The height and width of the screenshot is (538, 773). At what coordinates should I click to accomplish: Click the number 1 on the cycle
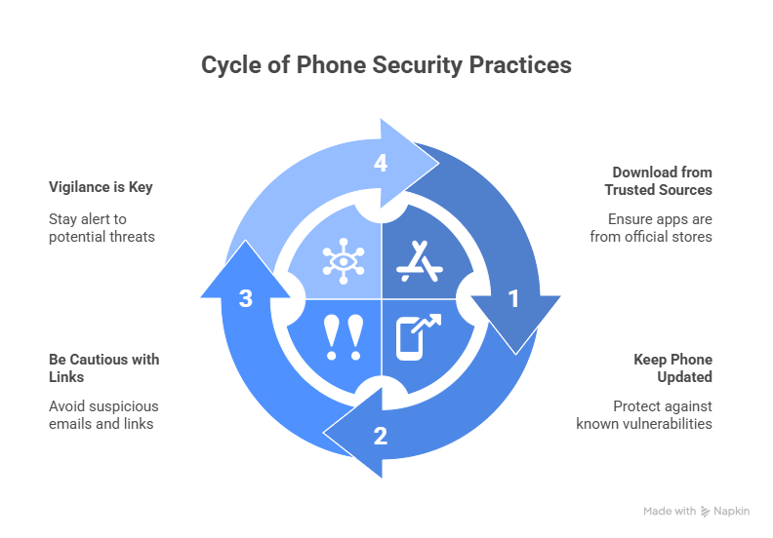513,299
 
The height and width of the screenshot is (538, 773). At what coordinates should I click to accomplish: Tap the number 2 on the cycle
381,436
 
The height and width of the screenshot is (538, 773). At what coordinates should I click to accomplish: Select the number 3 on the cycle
246,299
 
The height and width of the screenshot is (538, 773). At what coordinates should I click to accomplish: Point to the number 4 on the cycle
381,164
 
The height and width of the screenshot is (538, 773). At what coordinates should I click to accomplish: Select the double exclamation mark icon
343,337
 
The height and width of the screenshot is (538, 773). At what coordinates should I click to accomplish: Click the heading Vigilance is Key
101,186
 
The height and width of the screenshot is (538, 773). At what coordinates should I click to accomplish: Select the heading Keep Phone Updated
672,367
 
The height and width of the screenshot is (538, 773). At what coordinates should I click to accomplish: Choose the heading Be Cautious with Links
103,367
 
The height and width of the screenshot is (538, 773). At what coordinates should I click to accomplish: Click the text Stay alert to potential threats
102,228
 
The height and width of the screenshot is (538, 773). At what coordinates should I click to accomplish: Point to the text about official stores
650,228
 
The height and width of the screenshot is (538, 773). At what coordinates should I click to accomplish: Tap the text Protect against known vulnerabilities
644,414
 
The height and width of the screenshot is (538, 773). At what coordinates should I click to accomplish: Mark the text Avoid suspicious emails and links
103,414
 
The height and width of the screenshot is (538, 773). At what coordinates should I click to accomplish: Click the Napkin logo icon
706,512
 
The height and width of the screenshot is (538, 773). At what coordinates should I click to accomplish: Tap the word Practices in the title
518,66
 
